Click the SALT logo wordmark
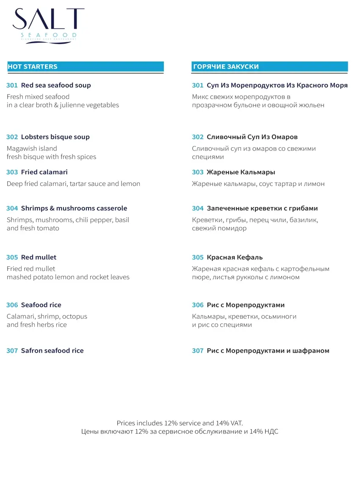(48, 20)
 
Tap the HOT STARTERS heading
(33, 66)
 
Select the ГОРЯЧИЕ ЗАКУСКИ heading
(226, 66)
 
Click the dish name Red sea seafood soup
(56, 85)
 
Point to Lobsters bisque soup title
(55, 137)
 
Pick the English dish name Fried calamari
(44, 172)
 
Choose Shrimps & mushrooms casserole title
(74, 208)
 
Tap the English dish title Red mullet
(39, 257)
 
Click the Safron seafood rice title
(52, 350)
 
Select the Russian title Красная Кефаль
(235, 257)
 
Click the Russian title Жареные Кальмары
(241, 172)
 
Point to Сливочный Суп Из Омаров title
(252, 137)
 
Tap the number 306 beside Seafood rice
(12, 305)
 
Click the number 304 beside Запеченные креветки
(198, 208)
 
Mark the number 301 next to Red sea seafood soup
(12, 85)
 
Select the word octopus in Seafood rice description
(75, 316)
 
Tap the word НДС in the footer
(271, 432)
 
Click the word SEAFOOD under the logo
(48, 35)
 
